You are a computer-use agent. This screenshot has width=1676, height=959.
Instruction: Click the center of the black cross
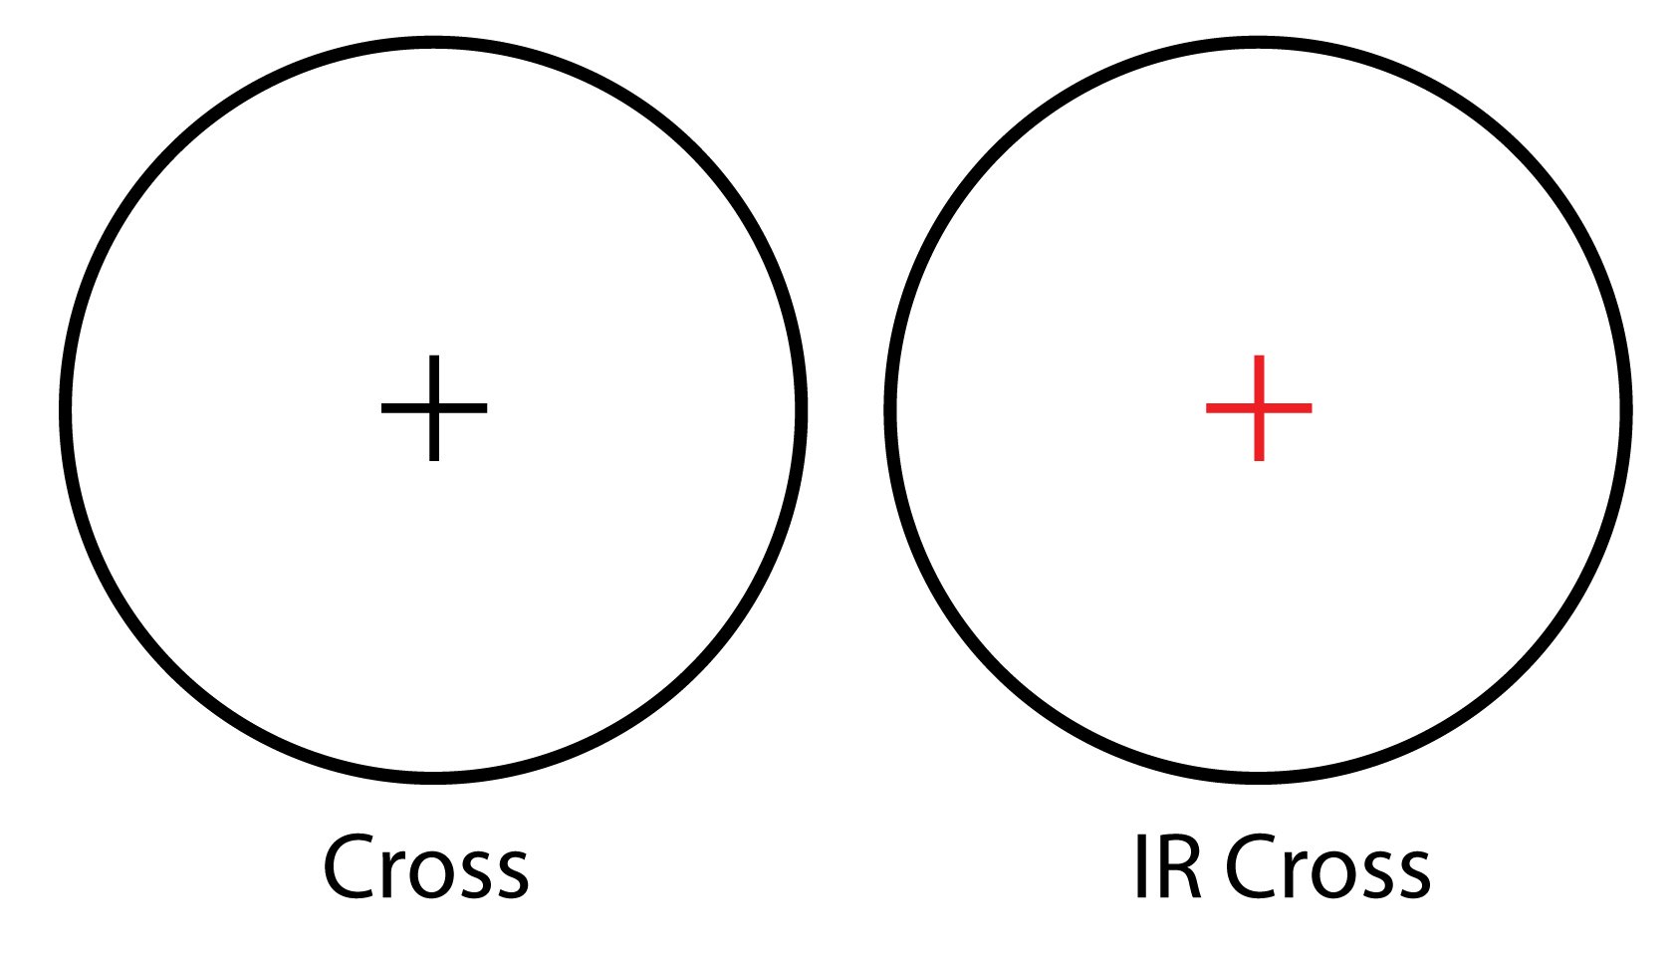(434, 408)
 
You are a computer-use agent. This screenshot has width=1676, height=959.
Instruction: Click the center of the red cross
(1259, 408)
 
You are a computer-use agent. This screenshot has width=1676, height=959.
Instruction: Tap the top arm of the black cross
(434, 379)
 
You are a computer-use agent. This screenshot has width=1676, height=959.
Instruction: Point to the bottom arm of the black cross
(434, 437)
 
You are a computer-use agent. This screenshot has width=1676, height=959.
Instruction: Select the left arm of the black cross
(404, 408)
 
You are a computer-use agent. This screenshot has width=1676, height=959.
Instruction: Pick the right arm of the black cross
(463, 408)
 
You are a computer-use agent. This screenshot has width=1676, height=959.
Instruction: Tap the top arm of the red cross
(1259, 379)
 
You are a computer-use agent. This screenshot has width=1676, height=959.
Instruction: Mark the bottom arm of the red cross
(1259, 437)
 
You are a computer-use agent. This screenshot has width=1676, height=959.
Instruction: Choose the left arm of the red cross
(1229, 408)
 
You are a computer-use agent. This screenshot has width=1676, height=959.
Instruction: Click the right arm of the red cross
(1288, 408)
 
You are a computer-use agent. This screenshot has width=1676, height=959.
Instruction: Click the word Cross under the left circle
(426, 867)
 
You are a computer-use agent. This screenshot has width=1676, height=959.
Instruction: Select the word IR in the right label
(1168, 867)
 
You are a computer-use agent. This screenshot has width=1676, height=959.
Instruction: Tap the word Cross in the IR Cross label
(1328, 867)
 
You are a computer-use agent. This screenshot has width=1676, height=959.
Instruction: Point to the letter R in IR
(1179, 867)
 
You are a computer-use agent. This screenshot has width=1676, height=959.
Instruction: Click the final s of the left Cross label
(511, 874)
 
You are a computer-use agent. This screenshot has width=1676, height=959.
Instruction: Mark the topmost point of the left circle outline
(433, 41)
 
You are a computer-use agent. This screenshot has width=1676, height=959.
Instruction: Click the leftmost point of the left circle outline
(65, 410)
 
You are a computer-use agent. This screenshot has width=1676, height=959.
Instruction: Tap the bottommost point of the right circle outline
(1259, 779)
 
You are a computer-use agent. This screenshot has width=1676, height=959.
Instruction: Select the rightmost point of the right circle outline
(1627, 410)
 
